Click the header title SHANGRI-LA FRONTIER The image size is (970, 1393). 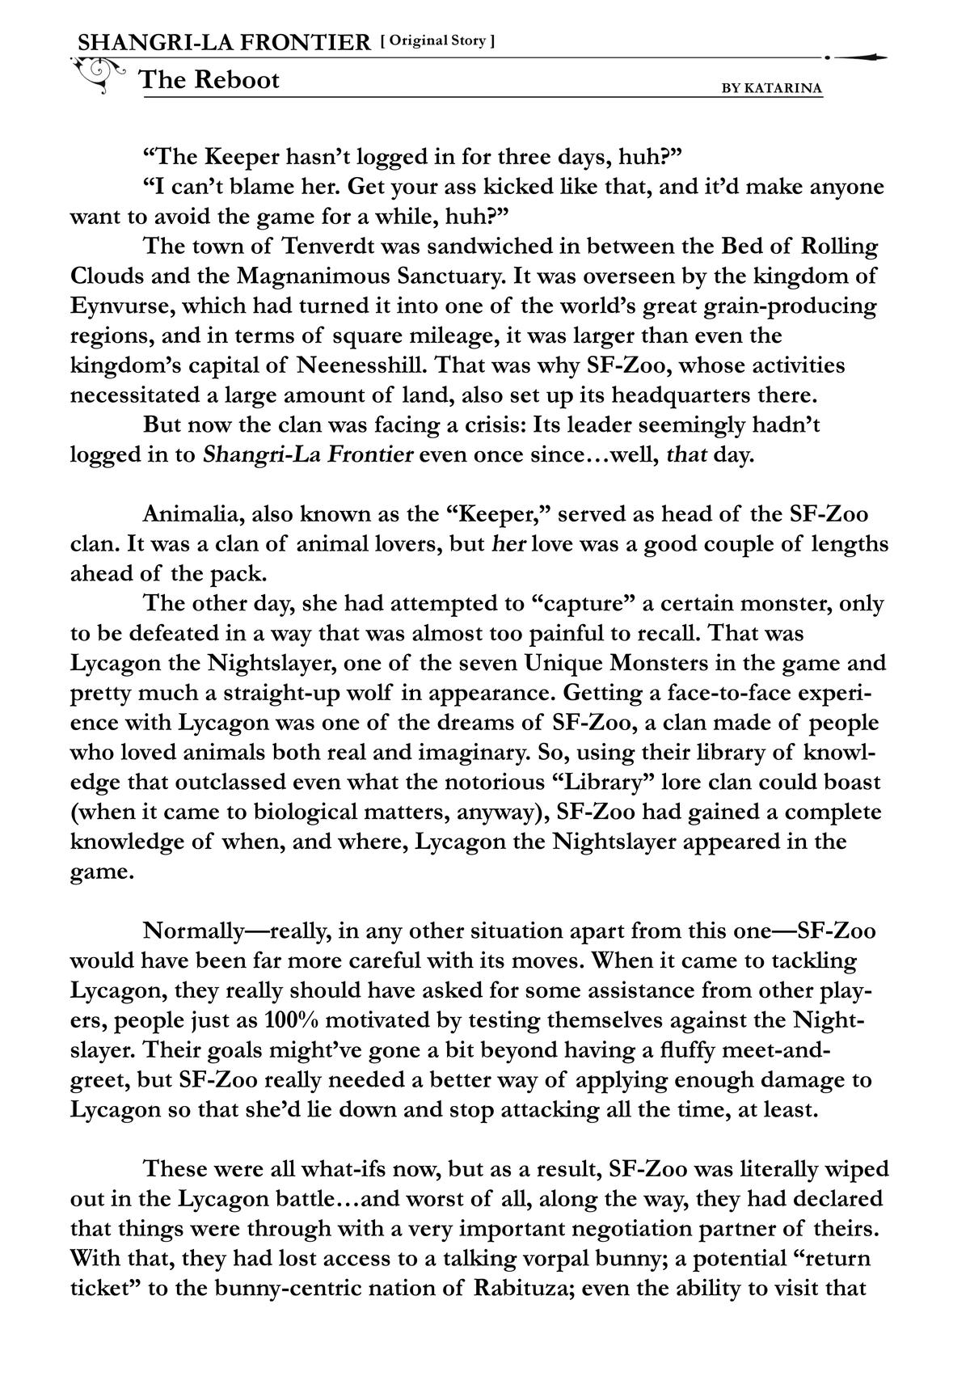tap(223, 42)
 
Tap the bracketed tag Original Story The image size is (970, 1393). tap(437, 40)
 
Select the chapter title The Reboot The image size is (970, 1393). tap(209, 80)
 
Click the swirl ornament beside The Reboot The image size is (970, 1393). tap(99, 73)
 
